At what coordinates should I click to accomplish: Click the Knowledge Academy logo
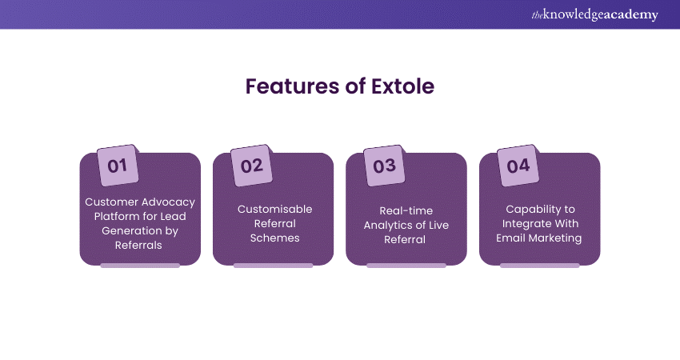[594, 14]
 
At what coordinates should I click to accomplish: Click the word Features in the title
[292, 86]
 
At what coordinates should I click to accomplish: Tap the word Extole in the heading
[402, 86]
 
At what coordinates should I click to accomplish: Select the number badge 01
[118, 166]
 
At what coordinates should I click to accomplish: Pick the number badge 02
[251, 166]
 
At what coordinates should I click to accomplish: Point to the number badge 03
[384, 166]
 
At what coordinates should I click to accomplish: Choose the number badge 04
[518, 166]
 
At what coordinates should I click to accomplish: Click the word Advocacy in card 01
[167, 202]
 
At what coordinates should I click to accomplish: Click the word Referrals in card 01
[138, 245]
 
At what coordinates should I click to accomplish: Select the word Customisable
[275, 209]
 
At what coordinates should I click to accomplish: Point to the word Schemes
[275, 238]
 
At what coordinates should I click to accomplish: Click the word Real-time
[406, 210]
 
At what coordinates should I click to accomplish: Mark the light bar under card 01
[140, 266]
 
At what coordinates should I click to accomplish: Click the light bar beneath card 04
[540, 266]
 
